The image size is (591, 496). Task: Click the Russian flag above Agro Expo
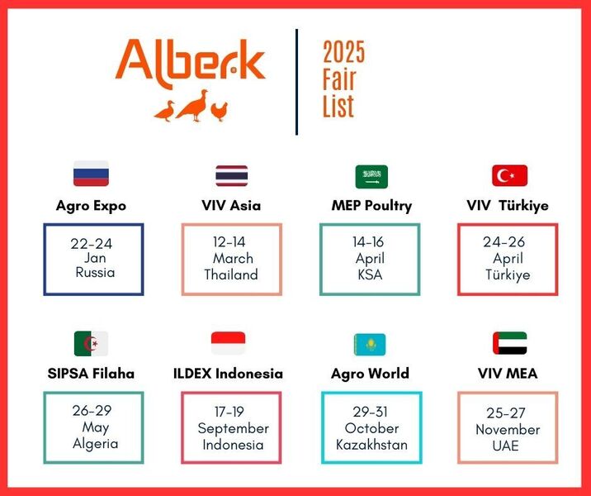pyautogui.click(x=92, y=174)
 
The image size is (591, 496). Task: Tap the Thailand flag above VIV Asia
pyautogui.click(x=231, y=175)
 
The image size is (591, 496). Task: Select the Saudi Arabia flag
pyautogui.click(x=371, y=177)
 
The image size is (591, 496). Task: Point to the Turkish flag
pyautogui.click(x=509, y=175)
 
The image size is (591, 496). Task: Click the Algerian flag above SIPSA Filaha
pyautogui.click(x=92, y=344)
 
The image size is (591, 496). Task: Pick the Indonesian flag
pyautogui.click(x=228, y=343)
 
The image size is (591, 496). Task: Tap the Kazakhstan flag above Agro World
pyautogui.click(x=370, y=344)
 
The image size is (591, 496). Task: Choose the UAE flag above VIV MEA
pyautogui.click(x=509, y=343)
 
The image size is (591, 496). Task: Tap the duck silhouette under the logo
pyautogui.click(x=165, y=111)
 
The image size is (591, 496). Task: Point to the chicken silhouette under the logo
pyautogui.click(x=219, y=112)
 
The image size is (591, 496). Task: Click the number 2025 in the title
pyautogui.click(x=343, y=52)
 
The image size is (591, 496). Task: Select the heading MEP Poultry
pyautogui.click(x=371, y=206)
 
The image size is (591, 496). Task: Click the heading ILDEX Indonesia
pyautogui.click(x=228, y=374)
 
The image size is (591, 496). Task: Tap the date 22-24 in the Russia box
pyautogui.click(x=92, y=244)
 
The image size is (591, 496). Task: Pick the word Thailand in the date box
pyautogui.click(x=231, y=274)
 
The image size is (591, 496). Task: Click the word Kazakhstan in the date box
pyautogui.click(x=371, y=445)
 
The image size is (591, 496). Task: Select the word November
pyautogui.click(x=508, y=430)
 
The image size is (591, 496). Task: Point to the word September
pyautogui.click(x=233, y=429)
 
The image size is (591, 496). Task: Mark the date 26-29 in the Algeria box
pyautogui.click(x=92, y=410)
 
